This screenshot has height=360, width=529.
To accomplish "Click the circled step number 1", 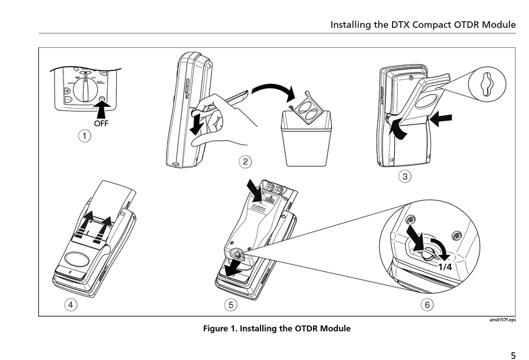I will pyautogui.click(x=84, y=136).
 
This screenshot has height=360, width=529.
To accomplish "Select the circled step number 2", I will pyautogui.click(x=245, y=162).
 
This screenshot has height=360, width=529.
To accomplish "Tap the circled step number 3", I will pyautogui.click(x=405, y=177).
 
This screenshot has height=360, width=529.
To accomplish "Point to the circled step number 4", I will pyautogui.click(x=71, y=304).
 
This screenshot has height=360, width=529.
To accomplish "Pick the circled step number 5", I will pyautogui.click(x=231, y=304).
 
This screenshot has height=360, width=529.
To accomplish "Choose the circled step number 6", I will pyautogui.click(x=427, y=304).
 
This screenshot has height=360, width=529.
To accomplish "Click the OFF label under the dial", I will pyautogui.click(x=101, y=124).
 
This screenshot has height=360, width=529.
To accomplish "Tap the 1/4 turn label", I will pyautogui.click(x=445, y=267).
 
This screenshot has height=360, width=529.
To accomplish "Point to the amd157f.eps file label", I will pyautogui.click(x=502, y=320).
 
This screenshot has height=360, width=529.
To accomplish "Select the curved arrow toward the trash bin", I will pyautogui.click(x=273, y=89).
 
